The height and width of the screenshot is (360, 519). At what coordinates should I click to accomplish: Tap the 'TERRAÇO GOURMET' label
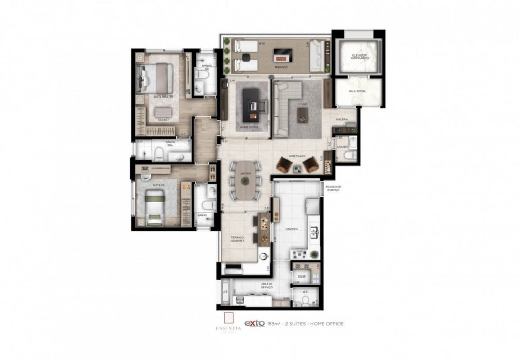[238, 239]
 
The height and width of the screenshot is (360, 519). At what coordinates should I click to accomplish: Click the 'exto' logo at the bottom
[255, 323]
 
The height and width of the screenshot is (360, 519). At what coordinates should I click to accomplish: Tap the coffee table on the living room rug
[303, 117]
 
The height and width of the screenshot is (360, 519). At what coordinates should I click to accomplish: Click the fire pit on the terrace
[281, 52]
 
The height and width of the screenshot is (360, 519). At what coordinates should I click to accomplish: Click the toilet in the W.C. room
[305, 300]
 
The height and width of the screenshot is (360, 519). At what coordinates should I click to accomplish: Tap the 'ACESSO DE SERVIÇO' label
[333, 189]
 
